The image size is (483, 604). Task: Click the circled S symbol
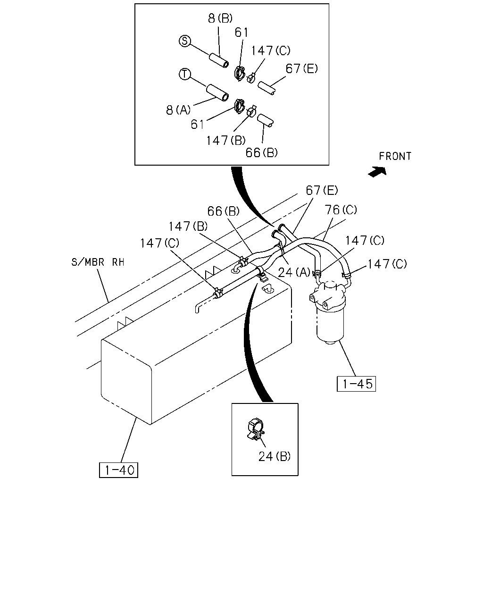click(x=184, y=41)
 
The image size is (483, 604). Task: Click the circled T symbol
click(x=185, y=74)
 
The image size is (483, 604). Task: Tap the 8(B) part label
click(x=220, y=18)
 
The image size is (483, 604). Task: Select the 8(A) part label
click(x=178, y=110)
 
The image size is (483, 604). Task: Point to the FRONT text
click(x=395, y=156)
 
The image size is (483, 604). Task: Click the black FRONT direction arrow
click(x=377, y=171)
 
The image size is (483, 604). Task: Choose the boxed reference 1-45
click(x=356, y=384)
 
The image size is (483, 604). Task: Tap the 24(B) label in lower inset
click(x=274, y=457)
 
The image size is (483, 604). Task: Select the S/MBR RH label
click(x=98, y=262)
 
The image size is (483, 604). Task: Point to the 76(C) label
click(x=341, y=210)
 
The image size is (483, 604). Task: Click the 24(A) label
click(x=294, y=272)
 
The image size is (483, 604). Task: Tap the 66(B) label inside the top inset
click(x=262, y=153)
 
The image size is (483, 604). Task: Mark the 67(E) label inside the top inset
click(x=302, y=68)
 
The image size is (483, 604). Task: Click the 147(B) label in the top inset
click(x=226, y=140)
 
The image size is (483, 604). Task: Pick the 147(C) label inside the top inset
click(x=271, y=50)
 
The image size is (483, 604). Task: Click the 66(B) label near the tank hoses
click(x=224, y=211)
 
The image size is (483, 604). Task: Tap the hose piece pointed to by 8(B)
click(x=219, y=60)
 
